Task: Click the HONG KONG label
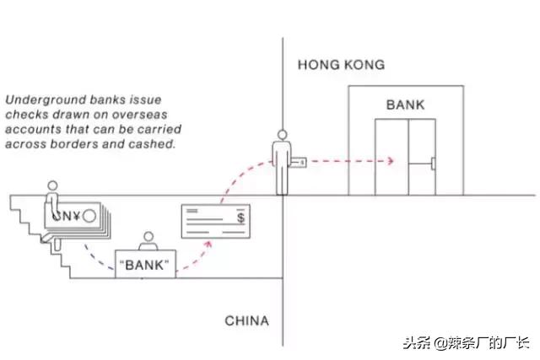coord(341,65)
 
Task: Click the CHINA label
coord(246,321)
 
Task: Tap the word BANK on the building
coord(406,105)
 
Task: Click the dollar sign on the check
coord(242,218)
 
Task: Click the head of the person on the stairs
coord(52,185)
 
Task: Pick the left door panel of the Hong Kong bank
coord(391,157)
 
